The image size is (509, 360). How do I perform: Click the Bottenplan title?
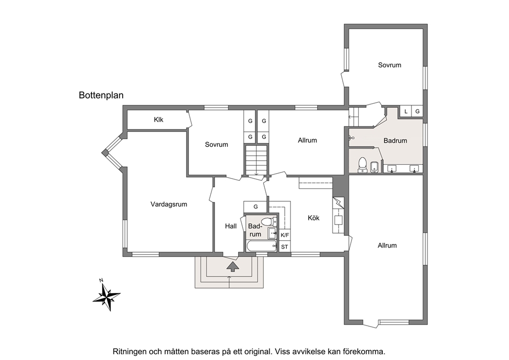(x=101, y=95)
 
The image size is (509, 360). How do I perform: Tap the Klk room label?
(x=159, y=120)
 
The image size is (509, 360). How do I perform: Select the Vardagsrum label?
(x=169, y=204)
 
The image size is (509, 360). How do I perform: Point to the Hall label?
(x=231, y=226)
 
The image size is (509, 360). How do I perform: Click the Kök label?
(x=314, y=218)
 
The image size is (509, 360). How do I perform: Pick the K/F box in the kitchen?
(x=285, y=235)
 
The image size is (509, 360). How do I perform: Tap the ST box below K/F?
(x=285, y=247)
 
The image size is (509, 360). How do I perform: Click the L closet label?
(x=406, y=111)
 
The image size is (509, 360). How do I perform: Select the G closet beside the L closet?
(x=418, y=111)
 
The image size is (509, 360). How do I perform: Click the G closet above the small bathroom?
(x=256, y=206)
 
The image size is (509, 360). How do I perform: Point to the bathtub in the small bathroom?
(x=261, y=246)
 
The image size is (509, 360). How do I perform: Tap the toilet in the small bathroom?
(x=267, y=221)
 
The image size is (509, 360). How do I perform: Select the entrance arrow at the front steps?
(x=232, y=267)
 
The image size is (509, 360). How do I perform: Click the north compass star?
(x=107, y=296)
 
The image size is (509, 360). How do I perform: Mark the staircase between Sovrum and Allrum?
(x=257, y=161)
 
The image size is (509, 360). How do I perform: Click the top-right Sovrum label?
(x=389, y=65)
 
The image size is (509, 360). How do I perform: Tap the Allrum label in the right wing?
(x=387, y=245)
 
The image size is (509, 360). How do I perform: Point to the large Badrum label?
(x=395, y=141)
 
